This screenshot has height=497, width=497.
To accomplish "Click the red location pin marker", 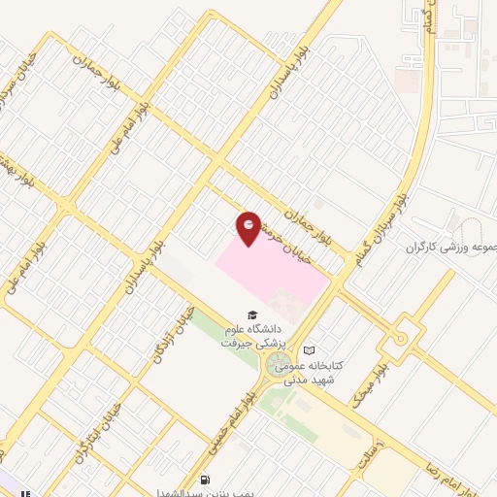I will (249, 226).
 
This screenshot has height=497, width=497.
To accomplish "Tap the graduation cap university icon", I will (252, 315).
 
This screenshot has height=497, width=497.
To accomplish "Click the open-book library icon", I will (309, 350).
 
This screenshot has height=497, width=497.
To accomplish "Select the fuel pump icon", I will (205, 480).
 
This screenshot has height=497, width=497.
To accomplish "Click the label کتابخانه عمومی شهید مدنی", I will (305, 373).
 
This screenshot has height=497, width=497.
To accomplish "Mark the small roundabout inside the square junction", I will (398, 339).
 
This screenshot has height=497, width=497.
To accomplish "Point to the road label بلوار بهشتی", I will (19, 171).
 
